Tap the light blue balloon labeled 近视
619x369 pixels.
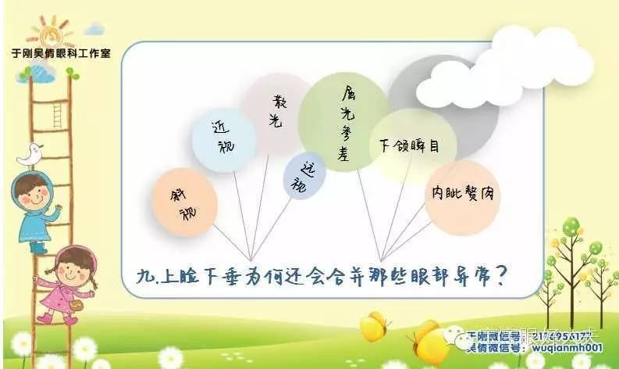[x=222, y=138]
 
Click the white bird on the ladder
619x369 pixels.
[x=30, y=154]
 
